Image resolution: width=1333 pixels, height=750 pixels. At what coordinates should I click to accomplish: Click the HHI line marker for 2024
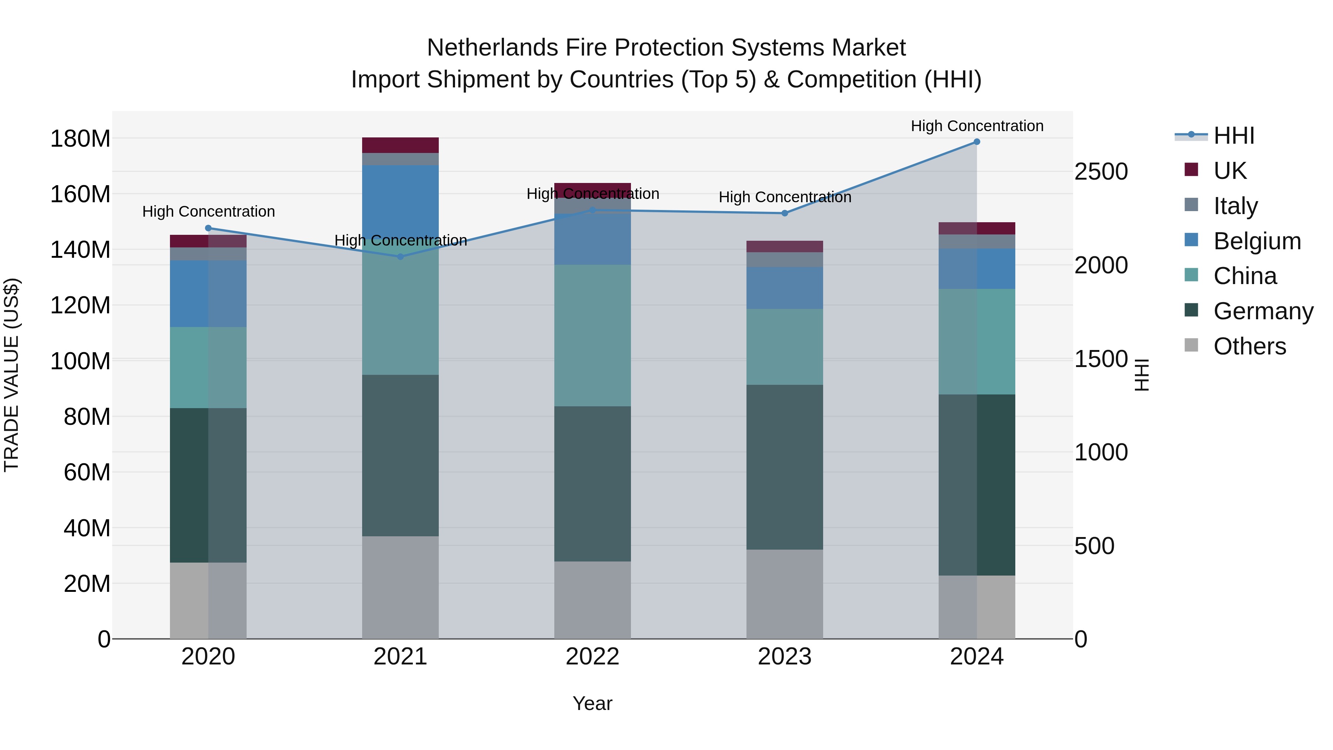(976, 142)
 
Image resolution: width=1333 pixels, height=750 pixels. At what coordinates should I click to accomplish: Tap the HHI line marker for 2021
(400, 257)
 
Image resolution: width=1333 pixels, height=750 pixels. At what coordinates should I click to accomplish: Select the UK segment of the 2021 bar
(400, 146)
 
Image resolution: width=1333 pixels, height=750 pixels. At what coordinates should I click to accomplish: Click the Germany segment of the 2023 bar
(785, 467)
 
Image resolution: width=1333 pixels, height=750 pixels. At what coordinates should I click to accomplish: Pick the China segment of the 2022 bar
(592, 336)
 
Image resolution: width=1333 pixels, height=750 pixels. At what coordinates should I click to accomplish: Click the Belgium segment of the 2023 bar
(785, 288)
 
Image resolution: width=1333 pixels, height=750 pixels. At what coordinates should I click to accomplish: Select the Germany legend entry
(1263, 311)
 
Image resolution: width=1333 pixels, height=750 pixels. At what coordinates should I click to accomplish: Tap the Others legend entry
(1249, 346)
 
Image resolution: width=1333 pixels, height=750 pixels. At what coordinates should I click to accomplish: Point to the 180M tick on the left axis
(80, 139)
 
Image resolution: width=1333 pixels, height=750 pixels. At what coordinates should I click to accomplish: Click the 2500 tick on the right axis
(1101, 172)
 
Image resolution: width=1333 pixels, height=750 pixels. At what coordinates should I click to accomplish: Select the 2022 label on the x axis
(592, 657)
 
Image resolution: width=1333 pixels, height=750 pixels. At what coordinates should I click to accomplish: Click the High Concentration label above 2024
(976, 126)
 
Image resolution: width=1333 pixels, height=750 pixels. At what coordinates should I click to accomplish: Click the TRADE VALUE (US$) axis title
(11, 375)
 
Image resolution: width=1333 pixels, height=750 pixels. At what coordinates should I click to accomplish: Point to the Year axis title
(592, 703)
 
